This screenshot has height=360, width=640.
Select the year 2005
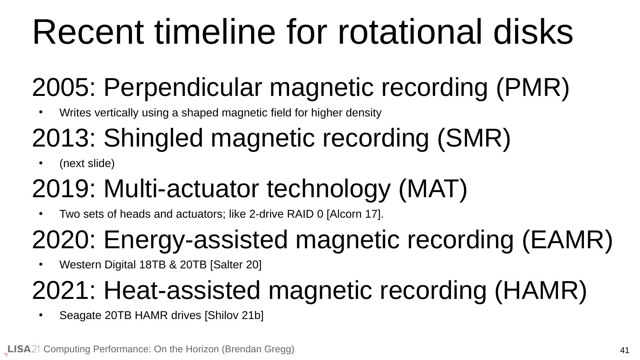click(61, 87)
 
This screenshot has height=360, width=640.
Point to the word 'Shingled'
click(153, 138)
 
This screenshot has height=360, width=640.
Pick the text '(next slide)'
click(87, 163)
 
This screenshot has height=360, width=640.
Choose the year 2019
click(61, 189)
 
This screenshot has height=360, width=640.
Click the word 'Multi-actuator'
click(181, 189)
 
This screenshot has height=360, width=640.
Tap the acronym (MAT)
click(433, 189)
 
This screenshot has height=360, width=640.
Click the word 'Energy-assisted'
click(196, 240)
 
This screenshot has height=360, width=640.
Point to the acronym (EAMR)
click(567, 240)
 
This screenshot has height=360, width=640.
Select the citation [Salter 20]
click(236, 264)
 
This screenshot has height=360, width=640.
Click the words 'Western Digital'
click(98, 264)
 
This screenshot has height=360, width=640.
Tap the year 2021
click(61, 290)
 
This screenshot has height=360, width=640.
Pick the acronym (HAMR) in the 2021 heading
click(541, 291)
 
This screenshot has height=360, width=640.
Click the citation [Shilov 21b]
click(234, 316)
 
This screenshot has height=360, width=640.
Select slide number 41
click(625, 350)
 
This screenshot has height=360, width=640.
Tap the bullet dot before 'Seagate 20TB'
click(41, 315)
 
